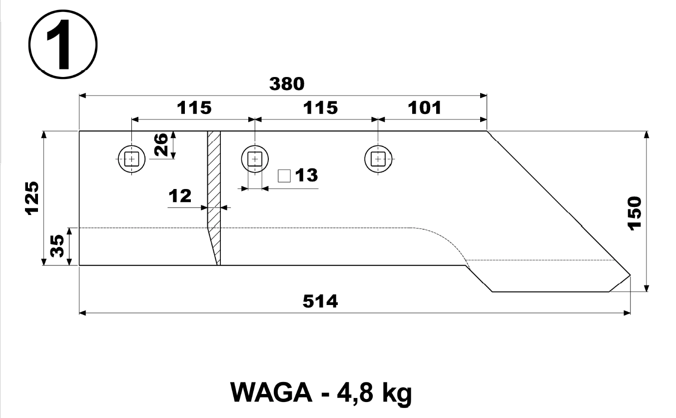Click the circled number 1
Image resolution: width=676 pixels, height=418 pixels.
(x=63, y=44)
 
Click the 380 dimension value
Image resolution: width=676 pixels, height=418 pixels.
(x=287, y=84)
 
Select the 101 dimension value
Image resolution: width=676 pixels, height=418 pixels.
(x=425, y=108)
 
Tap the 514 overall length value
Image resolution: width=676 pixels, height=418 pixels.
(x=320, y=301)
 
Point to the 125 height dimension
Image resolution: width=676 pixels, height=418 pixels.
(x=31, y=198)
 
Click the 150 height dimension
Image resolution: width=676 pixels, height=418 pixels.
(x=634, y=213)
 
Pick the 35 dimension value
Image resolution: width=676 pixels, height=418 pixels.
(x=57, y=246)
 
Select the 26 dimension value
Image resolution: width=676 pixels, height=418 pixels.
(x=161, y=145)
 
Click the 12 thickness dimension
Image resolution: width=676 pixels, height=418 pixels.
(x=180, y=195)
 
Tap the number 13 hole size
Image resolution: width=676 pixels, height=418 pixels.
(x=306, y=175)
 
